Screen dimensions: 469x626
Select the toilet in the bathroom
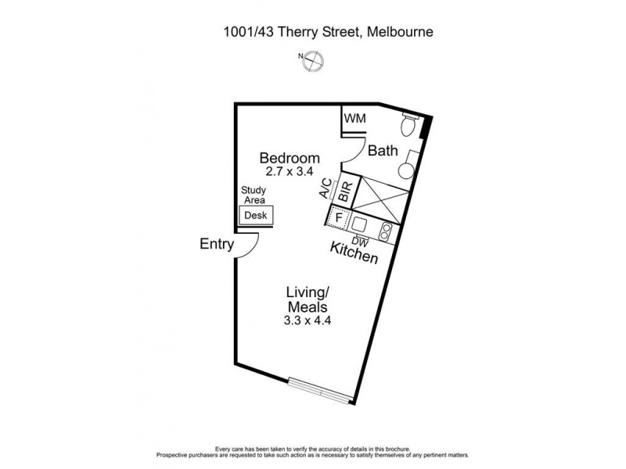coord(408,125)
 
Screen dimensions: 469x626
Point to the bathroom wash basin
coord(408,170)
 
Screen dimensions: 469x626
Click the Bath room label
coord(383,150)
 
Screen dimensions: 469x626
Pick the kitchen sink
coord(360,221)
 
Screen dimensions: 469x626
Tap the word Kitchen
coord(354,254)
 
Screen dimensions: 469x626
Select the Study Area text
coord(254,195)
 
